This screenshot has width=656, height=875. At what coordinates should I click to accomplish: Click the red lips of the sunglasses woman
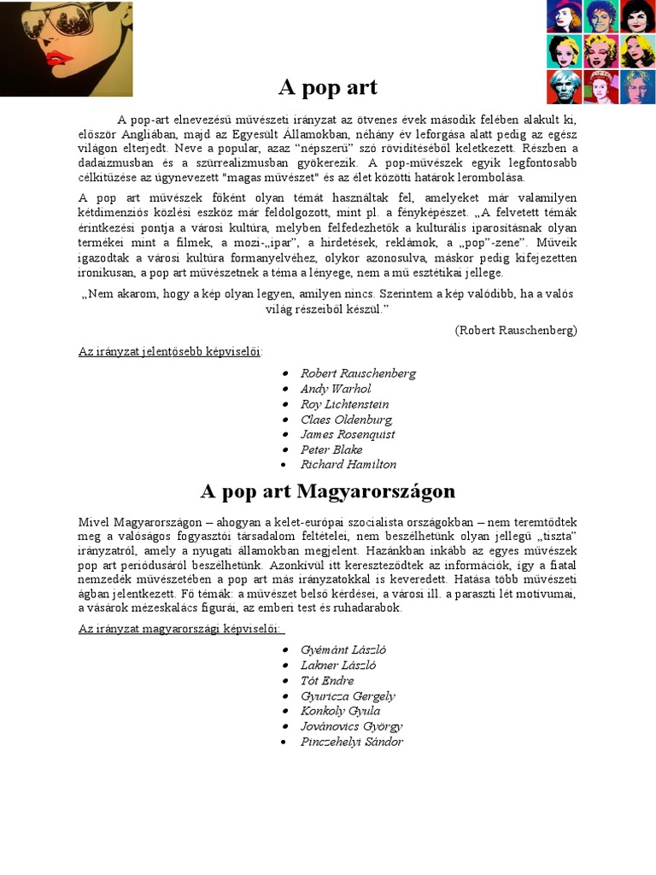[x=58, y=60]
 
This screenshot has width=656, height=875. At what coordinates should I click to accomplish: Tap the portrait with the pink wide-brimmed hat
[x=565, y=15]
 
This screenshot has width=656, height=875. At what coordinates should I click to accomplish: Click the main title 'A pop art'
[x=328, y=87]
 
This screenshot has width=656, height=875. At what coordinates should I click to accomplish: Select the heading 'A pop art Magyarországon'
[x=328, y=491]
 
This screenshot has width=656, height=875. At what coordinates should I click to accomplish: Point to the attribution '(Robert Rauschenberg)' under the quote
[x=516, y=330]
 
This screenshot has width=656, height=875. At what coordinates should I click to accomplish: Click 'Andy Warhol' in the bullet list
[x=336, y=389]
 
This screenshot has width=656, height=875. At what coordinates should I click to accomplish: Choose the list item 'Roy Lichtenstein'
[x=344, y=404]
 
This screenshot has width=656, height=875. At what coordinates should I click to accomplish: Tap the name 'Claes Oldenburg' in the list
[x=347, y=420]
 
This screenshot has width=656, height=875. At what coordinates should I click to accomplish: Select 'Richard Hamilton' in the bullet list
[x=348, y=465]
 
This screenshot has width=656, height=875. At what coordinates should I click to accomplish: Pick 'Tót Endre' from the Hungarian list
[x=327, y=681]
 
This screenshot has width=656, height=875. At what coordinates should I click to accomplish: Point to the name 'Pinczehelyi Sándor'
[x=352, y=742]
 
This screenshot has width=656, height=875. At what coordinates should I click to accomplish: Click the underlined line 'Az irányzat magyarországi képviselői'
[x=181, y=629]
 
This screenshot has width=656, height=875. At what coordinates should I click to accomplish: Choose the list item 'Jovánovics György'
[x=351, y=726]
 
